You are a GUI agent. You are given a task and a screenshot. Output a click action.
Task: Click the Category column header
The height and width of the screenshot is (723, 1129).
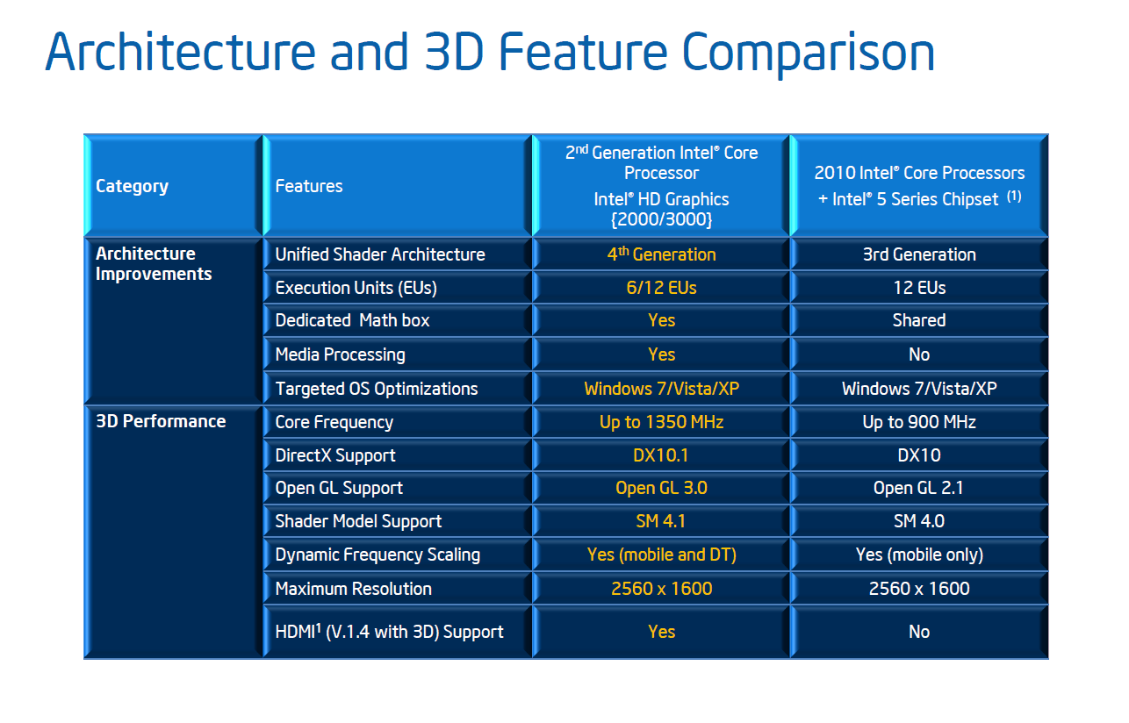pyautogui.click(x=132, y=186)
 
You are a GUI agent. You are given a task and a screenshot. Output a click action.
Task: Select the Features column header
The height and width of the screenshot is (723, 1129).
pyautogui.click(x=309, y=186)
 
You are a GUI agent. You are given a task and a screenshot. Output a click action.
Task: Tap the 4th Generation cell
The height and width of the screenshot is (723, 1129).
pyautogui.click(x=661, y=254)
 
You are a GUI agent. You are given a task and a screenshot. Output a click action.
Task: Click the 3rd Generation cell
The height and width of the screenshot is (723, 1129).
pyautogui.click(x=919, y=254)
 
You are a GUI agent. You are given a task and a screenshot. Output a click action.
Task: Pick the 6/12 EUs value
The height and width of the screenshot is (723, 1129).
pyautogui.click(x=661, y=288)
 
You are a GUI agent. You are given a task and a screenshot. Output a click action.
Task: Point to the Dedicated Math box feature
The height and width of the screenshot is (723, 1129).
pyautogui.click(x=352, y=320)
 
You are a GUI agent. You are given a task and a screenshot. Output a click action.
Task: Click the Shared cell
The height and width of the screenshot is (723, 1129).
pyautogui.click(x=919, y=320)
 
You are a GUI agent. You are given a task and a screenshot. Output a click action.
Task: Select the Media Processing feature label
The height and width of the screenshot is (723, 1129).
pyautogui.click(x=341, y=354)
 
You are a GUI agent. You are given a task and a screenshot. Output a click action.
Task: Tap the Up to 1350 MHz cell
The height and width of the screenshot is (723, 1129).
pyautogui.click(x=661, y=422)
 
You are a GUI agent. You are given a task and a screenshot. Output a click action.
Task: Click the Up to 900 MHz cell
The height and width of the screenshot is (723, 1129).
pyautogui.click(x=919, y=422)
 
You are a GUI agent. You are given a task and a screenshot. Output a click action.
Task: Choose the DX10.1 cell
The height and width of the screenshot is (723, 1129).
pyautogui.click(x=661, y=455)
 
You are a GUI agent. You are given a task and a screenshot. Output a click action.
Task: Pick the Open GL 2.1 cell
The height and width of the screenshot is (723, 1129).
pyautogui.click(x=918, y=488)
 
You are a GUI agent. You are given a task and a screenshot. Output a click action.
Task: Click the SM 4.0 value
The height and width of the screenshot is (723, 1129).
pyautogui.click(x=919, y=521)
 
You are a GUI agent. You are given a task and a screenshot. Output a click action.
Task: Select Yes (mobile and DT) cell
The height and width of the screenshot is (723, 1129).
pyautogui.click(x=662, y=555)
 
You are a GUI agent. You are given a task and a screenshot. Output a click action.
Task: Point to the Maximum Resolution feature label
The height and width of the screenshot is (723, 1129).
pyautogui.click(x=353, y=589)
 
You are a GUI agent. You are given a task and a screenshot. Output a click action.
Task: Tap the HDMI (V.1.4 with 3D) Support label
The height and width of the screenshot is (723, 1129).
pyautogui.click(x=389, y=632)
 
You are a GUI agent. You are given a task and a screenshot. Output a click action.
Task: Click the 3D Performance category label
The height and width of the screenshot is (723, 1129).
pyautogui.click(x=161, y=421)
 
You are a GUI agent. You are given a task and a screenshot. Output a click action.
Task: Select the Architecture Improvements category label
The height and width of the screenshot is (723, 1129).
pyautogui.click(x=154, y=263)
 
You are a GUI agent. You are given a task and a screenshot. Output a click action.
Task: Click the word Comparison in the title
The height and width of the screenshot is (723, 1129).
pyautogui.click(x=809, y=53)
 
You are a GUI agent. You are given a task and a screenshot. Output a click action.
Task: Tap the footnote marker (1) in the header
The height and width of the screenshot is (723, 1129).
pyautogui.click(x=1014, y=197)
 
